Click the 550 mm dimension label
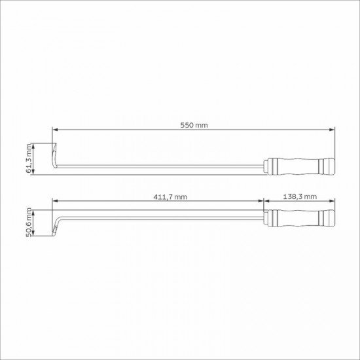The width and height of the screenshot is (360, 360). [194, 126]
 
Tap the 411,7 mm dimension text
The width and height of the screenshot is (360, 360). [170, 197]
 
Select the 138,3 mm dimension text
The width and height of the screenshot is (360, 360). [300, 197]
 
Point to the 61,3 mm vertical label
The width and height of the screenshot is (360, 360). [29, 158]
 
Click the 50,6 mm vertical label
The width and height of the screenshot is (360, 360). [29, 223]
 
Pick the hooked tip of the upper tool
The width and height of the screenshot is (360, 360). [54, 155]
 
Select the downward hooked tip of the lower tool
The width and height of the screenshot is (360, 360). [54, 230]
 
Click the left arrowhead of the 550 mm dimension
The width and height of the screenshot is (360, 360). [55, 130]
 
